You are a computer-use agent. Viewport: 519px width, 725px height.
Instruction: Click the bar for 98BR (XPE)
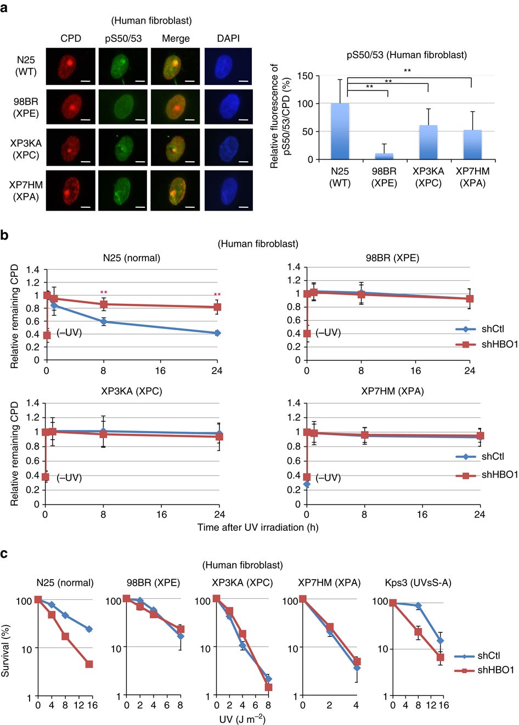click(x=383, y=156)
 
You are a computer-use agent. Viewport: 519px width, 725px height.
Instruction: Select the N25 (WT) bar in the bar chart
click(x=340, y=132)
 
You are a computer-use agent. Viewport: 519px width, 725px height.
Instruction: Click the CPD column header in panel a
click(x=70, y=38)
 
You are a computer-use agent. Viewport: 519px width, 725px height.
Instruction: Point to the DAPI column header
click(x=228, y=38)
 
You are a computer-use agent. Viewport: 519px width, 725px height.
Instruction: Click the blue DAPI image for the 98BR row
click(x=228, y=107)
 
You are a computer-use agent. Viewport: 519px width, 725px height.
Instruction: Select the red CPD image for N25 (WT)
click(x=70, y=66)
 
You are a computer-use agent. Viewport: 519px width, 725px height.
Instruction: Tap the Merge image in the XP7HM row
click(x=175, y=190)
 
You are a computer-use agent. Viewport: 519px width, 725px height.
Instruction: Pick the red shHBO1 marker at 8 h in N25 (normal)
click(x=103, y=304)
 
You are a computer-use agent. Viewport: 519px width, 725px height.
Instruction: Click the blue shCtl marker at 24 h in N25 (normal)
click(x=217, y=333)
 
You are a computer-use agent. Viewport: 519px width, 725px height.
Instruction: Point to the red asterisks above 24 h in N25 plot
click(x=217, y=294)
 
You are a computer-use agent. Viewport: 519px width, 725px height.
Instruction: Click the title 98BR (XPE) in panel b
click(x=392, y=258)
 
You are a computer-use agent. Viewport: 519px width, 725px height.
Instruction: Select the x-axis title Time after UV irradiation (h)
click(x=258, y=527)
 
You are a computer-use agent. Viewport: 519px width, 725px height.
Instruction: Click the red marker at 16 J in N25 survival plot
click(x=89, y=664)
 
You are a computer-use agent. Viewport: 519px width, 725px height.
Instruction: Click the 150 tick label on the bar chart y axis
click(x=305, y=76)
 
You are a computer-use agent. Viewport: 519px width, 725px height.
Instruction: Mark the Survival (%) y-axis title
click(x=5, y=650)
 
